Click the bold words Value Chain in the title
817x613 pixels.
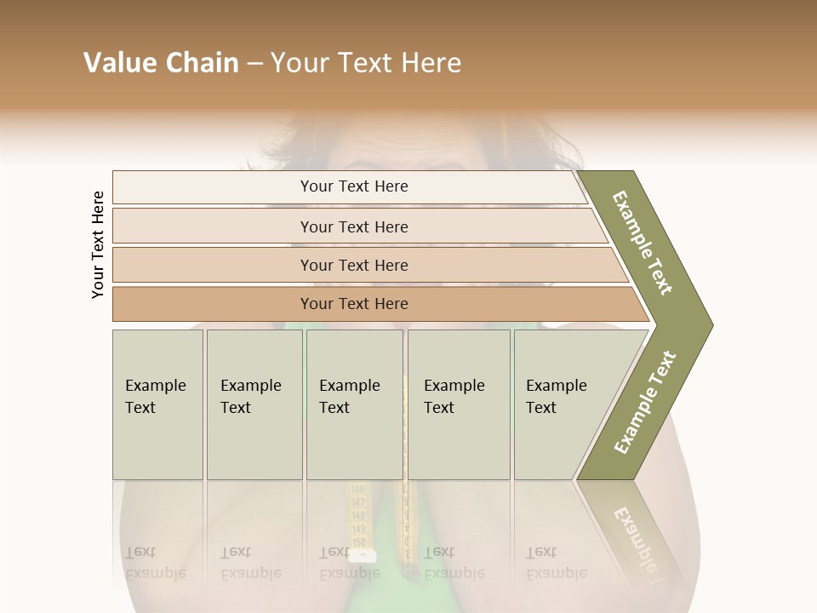tap(161, 63)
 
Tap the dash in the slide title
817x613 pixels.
tap(254, 63)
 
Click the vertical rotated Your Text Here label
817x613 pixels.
tap(98, 244)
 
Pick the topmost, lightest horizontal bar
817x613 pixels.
tap(354, 186)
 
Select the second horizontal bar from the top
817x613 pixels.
tap(354, 226)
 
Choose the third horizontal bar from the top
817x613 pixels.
tap(354, 265)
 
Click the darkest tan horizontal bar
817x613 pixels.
tap(354, 304)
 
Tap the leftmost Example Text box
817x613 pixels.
tap(157, 404)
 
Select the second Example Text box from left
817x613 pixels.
tap(254, 404)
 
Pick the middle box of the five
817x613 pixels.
tap(354, 404)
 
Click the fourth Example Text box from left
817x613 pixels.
tap(459, 404)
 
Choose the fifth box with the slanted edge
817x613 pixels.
tap(562, 404)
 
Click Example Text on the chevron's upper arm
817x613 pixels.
tap(643, 243)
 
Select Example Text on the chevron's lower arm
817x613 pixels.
tap(645, 402)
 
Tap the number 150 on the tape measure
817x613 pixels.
tap(358, 542)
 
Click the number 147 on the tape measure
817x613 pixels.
tap(357, 503)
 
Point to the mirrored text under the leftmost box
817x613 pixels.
tap(155, 563)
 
